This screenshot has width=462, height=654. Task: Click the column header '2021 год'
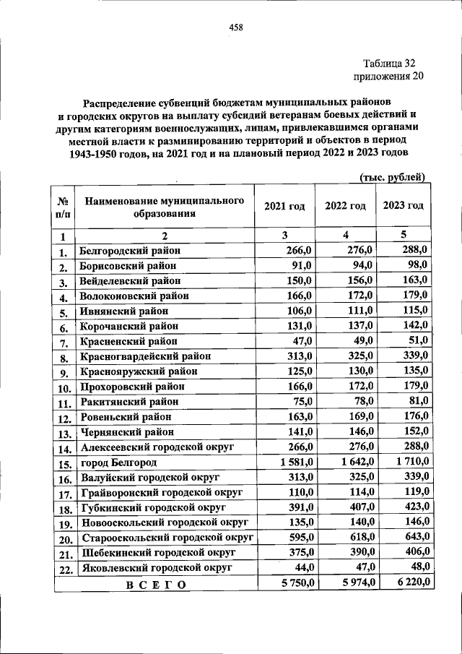pos(284,206)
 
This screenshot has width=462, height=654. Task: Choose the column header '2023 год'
pos(403,205)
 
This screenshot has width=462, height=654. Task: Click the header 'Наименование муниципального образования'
pos(164,207)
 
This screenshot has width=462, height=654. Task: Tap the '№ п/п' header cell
pos(64,207)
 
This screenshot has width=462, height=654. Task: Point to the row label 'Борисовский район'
pos(128,266)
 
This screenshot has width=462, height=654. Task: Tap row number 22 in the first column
pos(64,569)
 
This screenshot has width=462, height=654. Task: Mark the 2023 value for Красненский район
pos(415,341)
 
